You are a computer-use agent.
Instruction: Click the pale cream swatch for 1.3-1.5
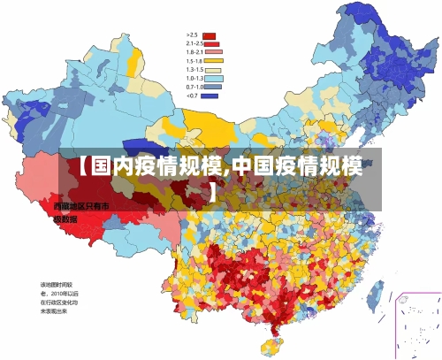pyautogui.click(x=213, y=70)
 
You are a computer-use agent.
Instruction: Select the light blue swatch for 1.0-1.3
pyautogui.click(x=213, y=79)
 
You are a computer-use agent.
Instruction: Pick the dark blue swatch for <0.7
pyautogui.click(x=210, y=96)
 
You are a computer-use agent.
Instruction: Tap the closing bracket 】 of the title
pyautogui.click(x=214, y=189)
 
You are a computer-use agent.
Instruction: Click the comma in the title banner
pyautogui.click(x=227, y=170)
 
